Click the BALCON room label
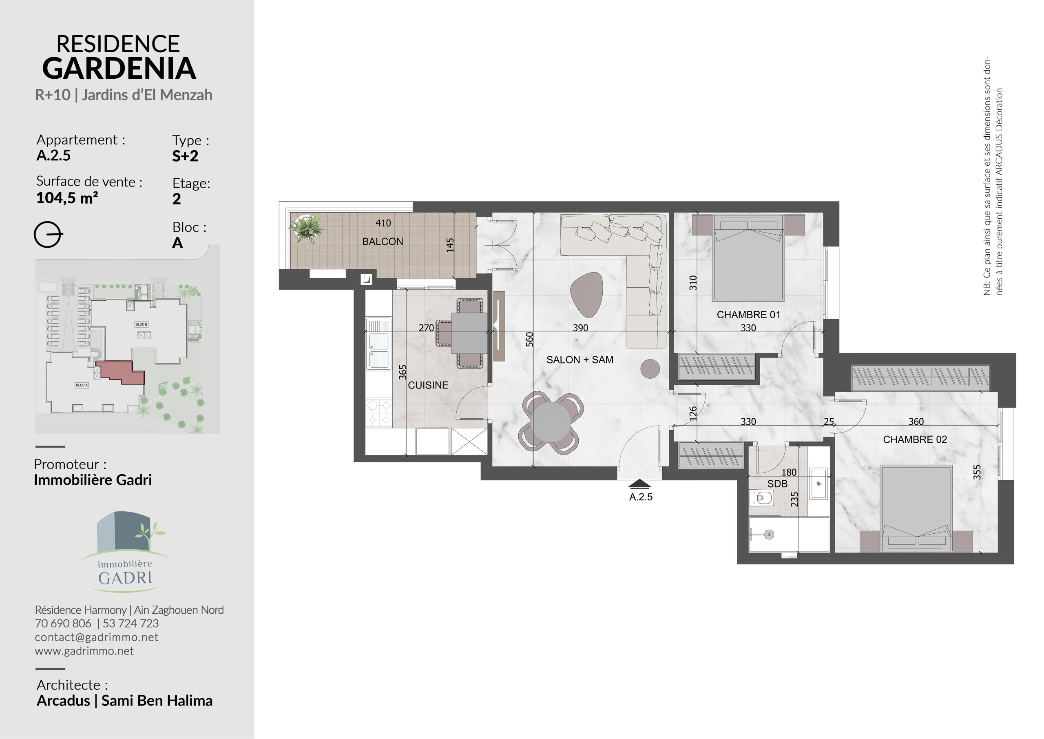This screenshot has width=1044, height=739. pyautogui.click(x=383, y=242)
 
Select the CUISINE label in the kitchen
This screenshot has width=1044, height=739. pyautogui.click(x=428, y=385)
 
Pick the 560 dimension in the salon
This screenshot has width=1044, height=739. pyautogui.click(x=529, y=340)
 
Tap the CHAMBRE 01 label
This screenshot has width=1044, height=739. pyautogui.click(x=748, y=315)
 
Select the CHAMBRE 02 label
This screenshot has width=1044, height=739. pyautogui.click(x=915, y=439)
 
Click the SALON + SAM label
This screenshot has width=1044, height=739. pyautogui.click(x=580, y=360)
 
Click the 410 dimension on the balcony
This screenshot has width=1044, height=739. pyautogui.click(x=383, y=223)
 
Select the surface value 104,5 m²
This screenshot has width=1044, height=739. pyautogui.click(x=67, y=198)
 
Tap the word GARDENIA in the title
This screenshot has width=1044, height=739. pyautogui.click(x=119, y=68)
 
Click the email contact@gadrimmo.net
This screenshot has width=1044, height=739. pyautogui.click(x=96, y=637)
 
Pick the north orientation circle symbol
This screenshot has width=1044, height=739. pyautogui.click(x=48, y=235)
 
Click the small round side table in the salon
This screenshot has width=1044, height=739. pyautogui.click(x=650, y=368)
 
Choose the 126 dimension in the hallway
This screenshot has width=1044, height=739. pyautogui.click(x=692, y=413)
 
